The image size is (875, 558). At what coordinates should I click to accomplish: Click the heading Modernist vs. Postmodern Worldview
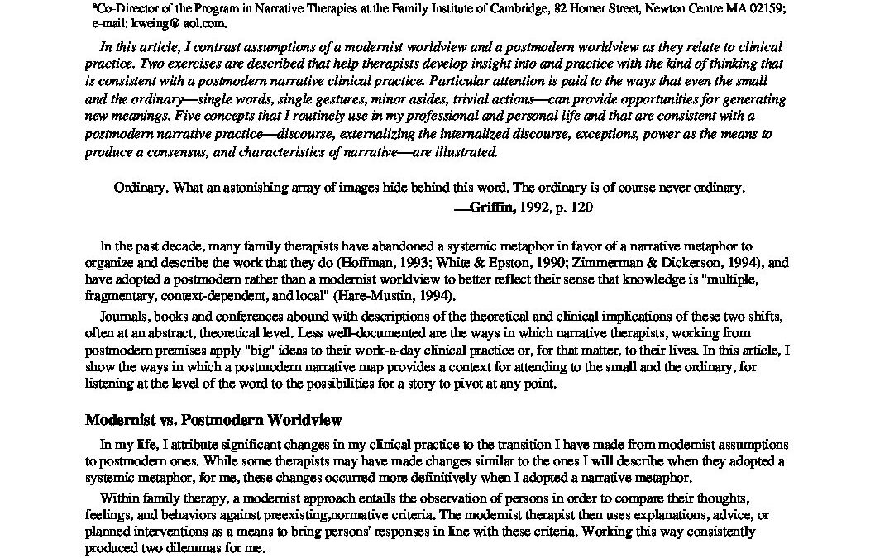[x=213, y=420]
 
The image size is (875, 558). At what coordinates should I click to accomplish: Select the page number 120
[x=582, y=208]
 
